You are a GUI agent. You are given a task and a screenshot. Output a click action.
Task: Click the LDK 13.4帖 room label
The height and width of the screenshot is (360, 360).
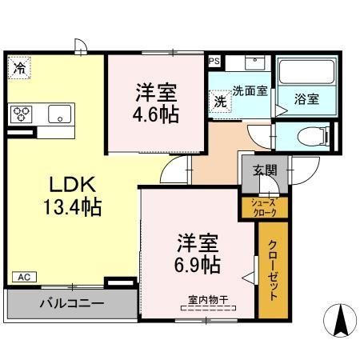71,196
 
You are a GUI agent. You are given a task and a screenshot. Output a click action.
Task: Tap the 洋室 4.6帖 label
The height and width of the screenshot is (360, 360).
154,102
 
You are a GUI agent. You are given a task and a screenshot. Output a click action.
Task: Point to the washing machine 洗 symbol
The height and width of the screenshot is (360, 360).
219,101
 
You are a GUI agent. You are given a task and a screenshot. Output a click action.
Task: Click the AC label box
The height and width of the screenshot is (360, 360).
23,276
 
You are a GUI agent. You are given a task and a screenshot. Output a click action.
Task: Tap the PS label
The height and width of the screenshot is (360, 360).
213,60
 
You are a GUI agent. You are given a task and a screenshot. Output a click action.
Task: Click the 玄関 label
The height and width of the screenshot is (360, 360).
266,170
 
